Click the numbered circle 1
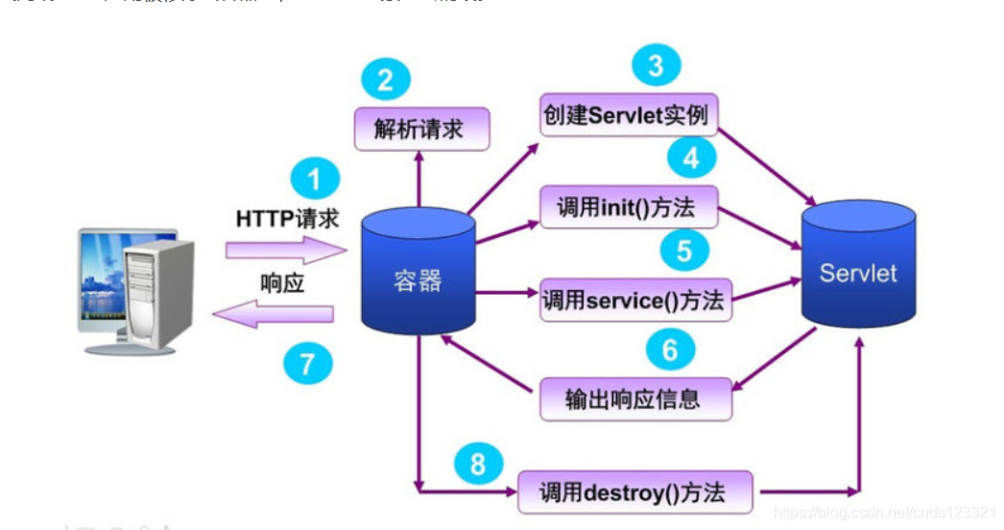pyautogui.click(x=314, y=181)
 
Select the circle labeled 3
pyautogui.click(x=656, y=65)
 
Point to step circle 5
pyautogui.click(x=684, y=252)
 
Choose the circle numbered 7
pyautogui.click(x=308, y=365)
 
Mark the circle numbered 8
pyautogui.click(x=478, y=466)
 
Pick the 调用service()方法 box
pyautogui.click(x=634, y=300)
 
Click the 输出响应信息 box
pyautogui.click(x=634, y=398)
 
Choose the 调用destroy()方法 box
pyautogui.click(x=634, y=493)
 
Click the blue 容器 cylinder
pyautogui.click(x=418, y=278)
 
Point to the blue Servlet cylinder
pyautogui.click(x=858, y=272)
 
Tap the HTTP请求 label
pyautogui.click(x=287, y=219)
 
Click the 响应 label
pyautogui.click(x=282, y=283)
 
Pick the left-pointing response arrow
pyautogui.click(x=274, y=313)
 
